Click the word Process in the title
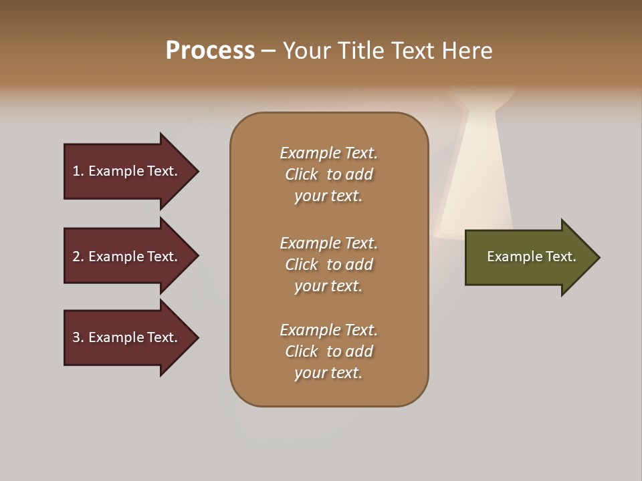210,51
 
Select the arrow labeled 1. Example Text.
127,171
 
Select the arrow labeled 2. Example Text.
127,257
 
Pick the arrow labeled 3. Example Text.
127,337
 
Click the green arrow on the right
528,257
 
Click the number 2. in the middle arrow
78,257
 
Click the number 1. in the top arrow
78,171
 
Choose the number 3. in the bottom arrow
78,337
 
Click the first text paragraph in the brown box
328,174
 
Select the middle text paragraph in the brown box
328,265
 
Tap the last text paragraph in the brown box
328,351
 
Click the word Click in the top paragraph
302,174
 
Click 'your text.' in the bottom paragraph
328,373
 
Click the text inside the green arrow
531,257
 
